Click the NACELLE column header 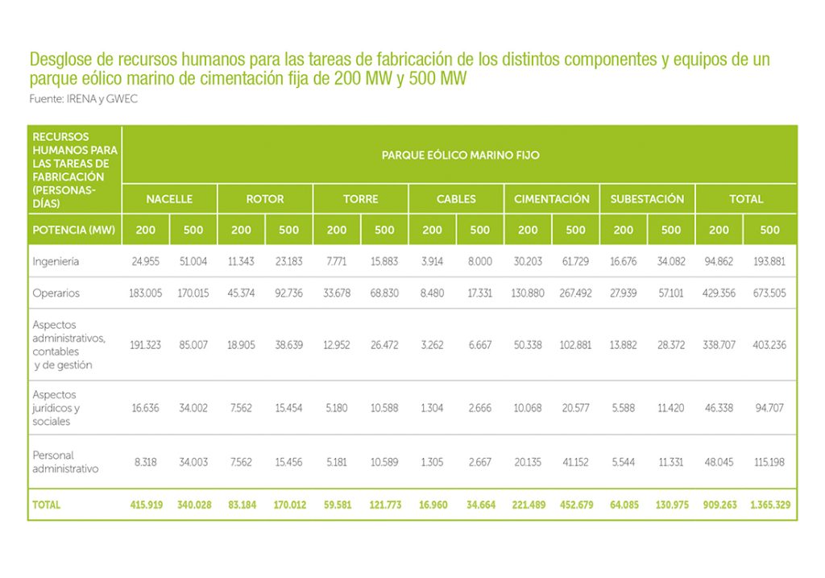point(169,199)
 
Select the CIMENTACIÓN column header point(552,199)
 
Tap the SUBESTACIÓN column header point(647,199)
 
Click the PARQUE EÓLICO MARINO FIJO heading point(460,155)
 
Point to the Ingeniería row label point(56,262)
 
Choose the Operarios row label point(56,293)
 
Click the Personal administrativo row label point(65,462)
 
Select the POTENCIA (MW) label point(74,230)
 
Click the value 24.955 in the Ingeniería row point(146,262)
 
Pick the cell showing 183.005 point(146,293)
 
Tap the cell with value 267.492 point(575,293)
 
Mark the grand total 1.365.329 point(770,505)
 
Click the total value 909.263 point(719,505)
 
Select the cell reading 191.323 point(146,345)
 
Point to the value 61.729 point(575,262)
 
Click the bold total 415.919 point(146,505)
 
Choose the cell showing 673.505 point(770,293)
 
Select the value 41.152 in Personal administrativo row point(575,463)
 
